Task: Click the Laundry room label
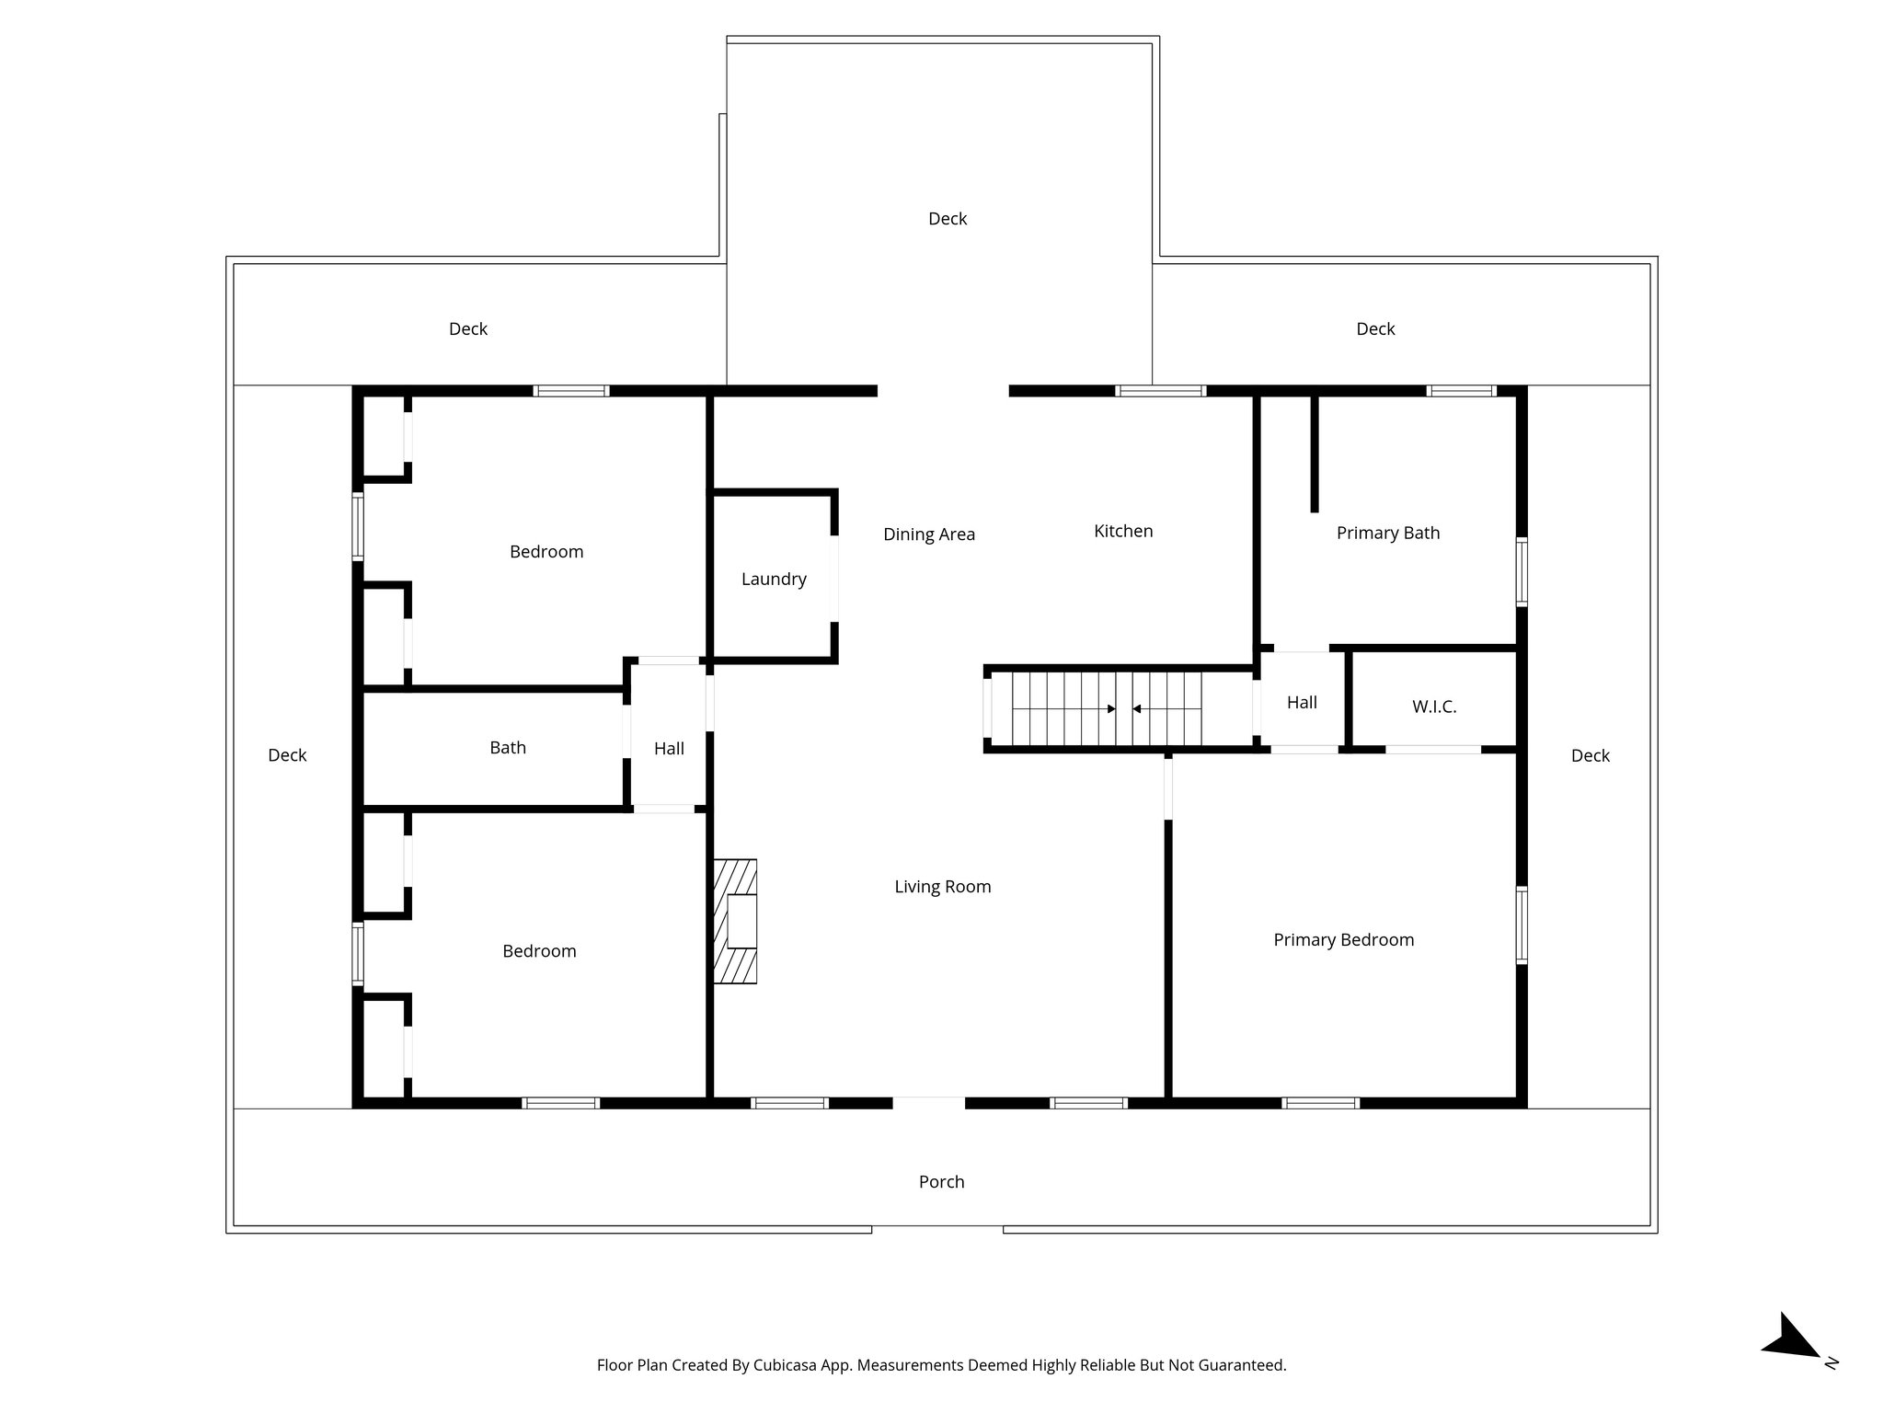[774, 579]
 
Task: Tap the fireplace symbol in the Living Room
[735, 922]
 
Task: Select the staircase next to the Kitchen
[1107, 708]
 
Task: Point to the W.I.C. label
[1434, 706]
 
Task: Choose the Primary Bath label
[1387, 533]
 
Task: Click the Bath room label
[508, 747]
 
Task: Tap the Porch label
[941, 1181]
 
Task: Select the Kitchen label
[1122, 531]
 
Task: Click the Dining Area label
[928, 534]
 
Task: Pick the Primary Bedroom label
[1343, 939]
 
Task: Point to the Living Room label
[942, 886]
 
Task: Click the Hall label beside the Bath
[669, 748]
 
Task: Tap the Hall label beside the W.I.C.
[1301, 702]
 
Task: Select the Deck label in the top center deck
[947, 218]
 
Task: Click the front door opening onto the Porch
[928, 1102]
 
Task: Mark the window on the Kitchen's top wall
[1160, 391]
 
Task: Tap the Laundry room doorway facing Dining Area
[834, 579]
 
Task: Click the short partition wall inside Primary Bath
[1314, 453]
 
